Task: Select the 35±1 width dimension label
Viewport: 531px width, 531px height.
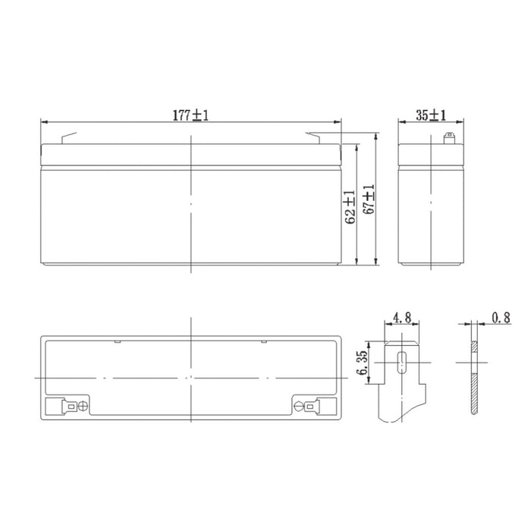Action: [431, 115]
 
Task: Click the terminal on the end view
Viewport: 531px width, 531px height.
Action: [448, 139]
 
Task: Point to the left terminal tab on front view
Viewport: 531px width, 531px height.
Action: [69, 139]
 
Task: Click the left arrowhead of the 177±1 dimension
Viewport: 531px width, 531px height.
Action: [43, 121]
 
